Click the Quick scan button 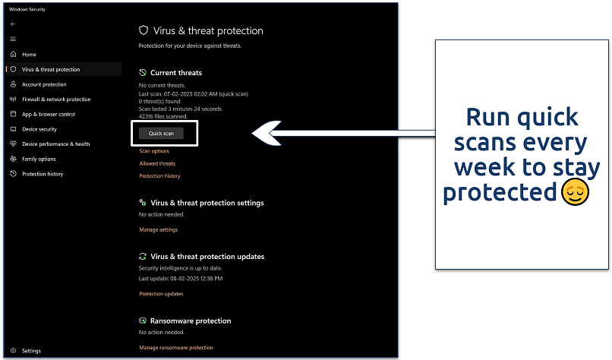161,133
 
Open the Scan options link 154,151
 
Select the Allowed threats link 157,163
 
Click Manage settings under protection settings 159,230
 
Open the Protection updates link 161,294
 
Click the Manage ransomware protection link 176,348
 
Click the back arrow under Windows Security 13,24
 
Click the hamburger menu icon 13,39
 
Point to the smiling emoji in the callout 575,191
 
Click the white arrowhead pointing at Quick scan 267,133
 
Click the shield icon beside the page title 144,30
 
